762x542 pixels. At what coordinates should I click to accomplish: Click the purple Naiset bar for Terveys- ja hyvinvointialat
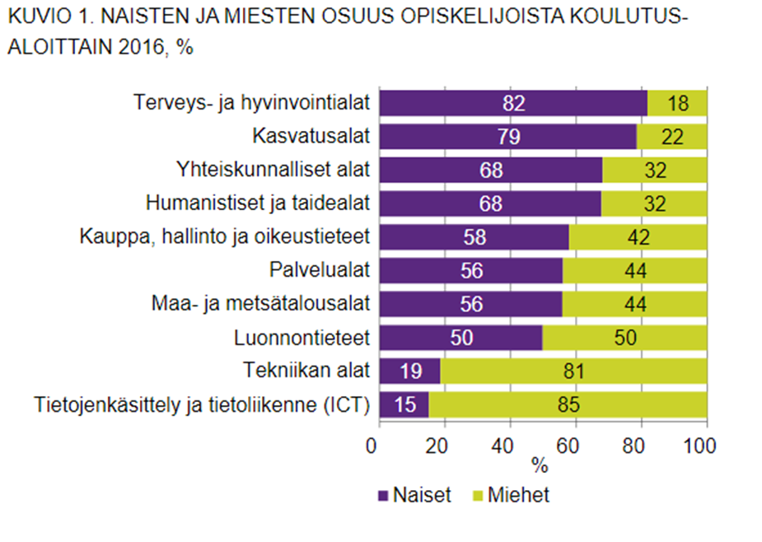click(512, 103)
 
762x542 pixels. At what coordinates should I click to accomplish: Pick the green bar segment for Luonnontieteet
click(624, 339)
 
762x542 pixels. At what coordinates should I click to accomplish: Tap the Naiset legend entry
click(416, 495)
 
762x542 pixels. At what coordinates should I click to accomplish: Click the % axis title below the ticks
click(540, 466)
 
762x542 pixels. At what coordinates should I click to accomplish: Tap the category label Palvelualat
click(320, 270)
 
